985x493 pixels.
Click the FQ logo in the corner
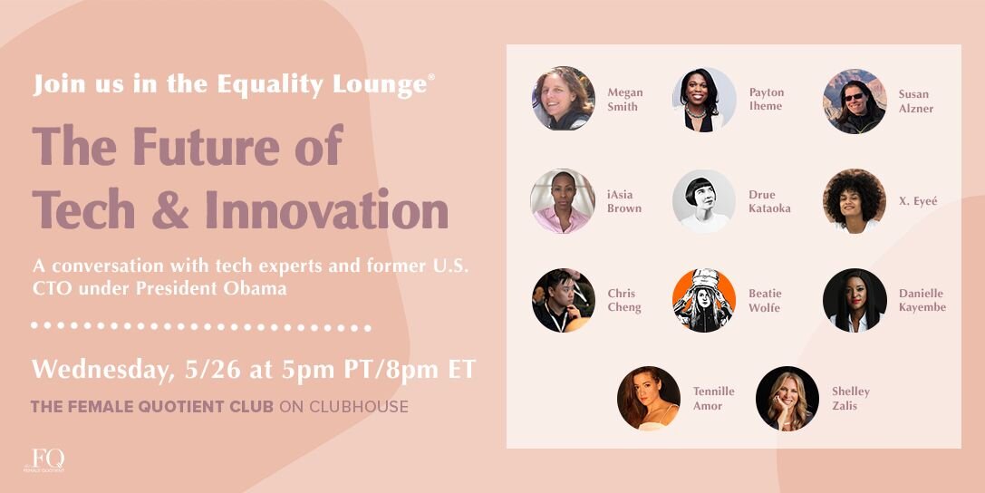coord(44,460)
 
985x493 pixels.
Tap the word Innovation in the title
coord(326,209)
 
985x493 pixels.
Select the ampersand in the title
coord(169,209)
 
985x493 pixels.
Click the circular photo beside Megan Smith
coord(564,98)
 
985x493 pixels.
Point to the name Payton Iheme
coord(767,99)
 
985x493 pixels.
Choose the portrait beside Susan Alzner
coord(855,101)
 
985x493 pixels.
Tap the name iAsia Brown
coord(624,201)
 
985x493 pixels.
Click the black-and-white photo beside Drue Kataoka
coord(703,201)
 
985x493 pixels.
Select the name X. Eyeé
coord(918,201)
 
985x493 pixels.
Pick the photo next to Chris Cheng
coord(564,300)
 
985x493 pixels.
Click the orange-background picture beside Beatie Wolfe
coord(703,300)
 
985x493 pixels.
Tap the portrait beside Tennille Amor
coord(649,398)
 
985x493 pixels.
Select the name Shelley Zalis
coord(851,398)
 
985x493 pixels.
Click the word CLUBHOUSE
coord(359,406)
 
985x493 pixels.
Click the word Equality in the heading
coord(271,85)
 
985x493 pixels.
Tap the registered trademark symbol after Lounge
coord(431,77)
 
